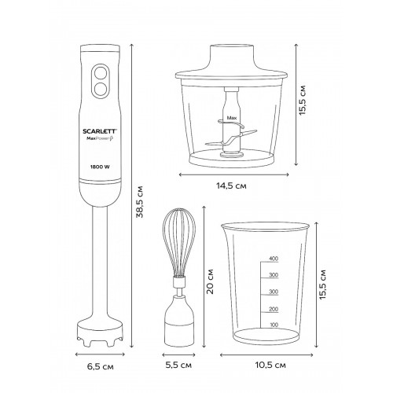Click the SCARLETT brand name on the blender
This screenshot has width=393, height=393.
point(100,131)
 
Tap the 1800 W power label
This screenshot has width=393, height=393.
point(100,167)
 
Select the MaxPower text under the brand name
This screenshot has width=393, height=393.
point(101,139)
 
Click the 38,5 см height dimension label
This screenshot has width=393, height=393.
point(140,202)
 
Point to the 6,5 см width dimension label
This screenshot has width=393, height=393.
point(101,366)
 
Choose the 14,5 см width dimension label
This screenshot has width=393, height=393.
point(231,185)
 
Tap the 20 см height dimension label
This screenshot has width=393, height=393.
point(210,281)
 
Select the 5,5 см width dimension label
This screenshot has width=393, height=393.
point(178,365)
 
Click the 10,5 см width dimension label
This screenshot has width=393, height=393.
point(270,365)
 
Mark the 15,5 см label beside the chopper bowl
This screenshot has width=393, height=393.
point(302,100)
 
